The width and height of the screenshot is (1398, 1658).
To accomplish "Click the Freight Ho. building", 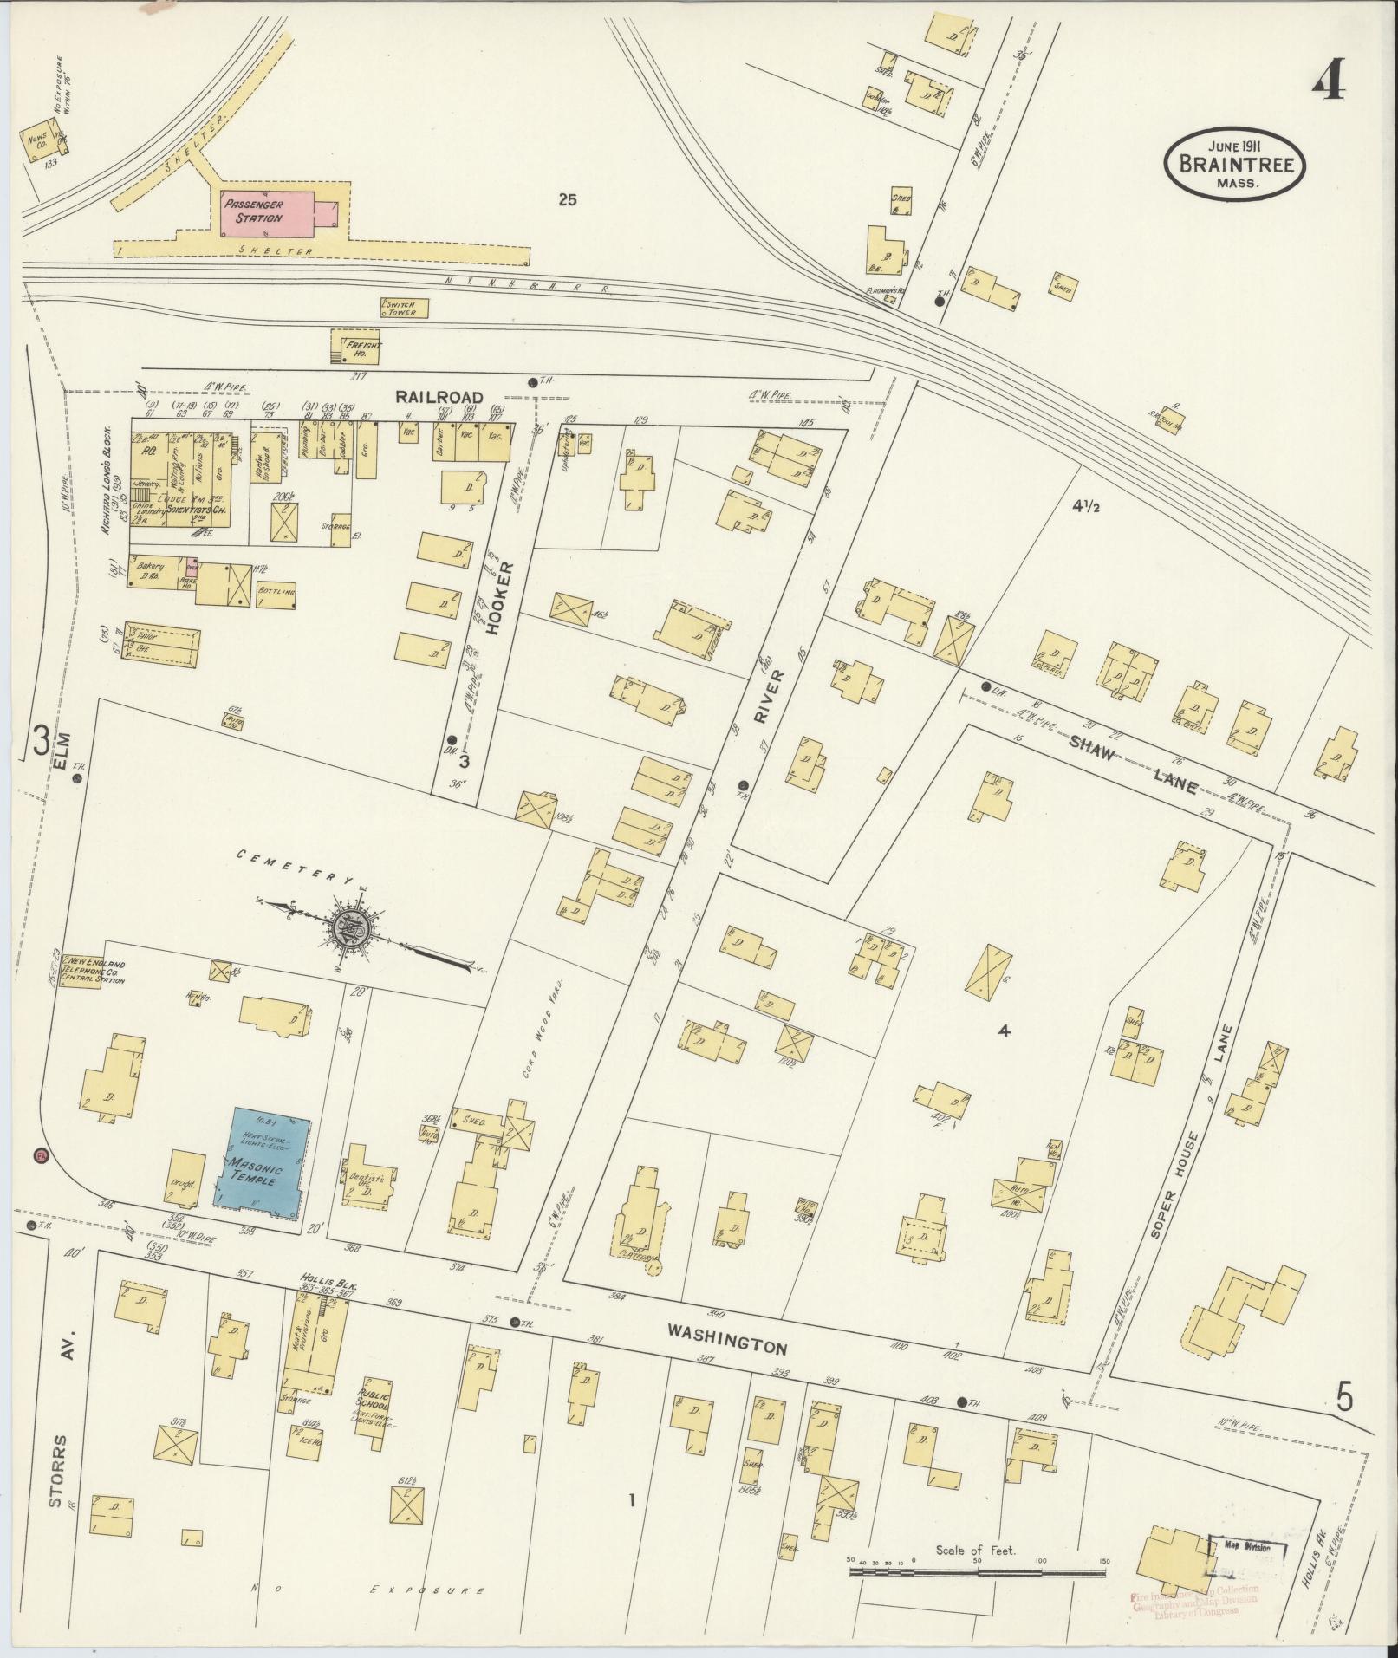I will click(356, 346).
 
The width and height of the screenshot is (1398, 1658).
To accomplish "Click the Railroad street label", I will click(439, 396).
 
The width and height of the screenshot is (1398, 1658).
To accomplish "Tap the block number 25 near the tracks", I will click(568, 200).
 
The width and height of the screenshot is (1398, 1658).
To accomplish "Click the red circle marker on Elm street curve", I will click(40, 1155).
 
